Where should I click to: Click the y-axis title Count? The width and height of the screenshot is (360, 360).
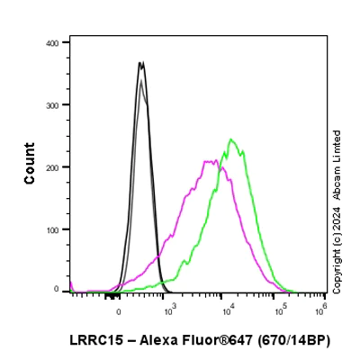pos(30,164)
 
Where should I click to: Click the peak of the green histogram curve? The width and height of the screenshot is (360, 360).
pos(231,139)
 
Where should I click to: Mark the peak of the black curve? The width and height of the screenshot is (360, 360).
pos(140,62)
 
